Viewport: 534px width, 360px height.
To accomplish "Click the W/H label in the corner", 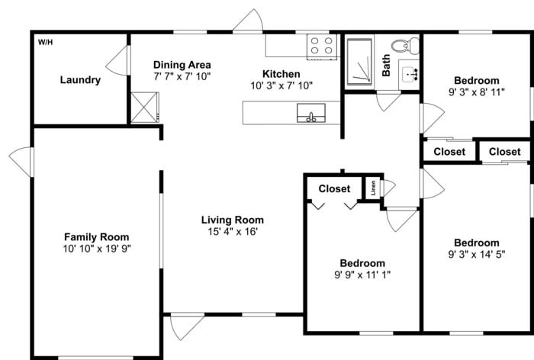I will coord(45,41).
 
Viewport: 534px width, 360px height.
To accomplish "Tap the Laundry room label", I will coord(80,80).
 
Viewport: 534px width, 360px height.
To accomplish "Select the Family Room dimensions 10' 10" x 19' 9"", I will coord(96,249).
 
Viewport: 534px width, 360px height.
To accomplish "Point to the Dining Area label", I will coord(182,65).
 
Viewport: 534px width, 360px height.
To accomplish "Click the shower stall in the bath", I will coord(359,61).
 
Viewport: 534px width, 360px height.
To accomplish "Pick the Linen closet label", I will coord(373,188).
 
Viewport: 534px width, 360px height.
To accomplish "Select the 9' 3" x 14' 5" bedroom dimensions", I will coord(476,255).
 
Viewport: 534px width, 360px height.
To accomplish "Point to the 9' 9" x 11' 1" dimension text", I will coord(362,275).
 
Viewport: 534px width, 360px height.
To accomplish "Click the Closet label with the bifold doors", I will coord(334,189).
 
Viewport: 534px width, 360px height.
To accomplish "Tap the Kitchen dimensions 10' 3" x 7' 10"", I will coord(281,85).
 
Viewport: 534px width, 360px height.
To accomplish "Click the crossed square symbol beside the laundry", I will coord(144,106).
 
